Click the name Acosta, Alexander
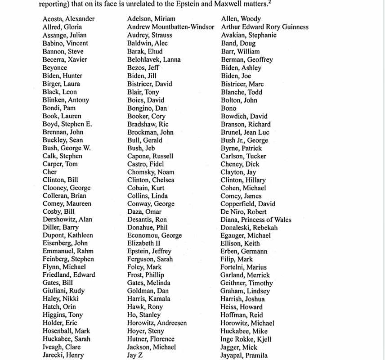(x=68, y=19)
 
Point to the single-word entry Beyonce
(x=54, y=67)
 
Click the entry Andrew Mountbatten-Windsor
(x=170, y=27)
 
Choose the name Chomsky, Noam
(x=151, y=172)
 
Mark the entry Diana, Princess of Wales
(x=255, y=220)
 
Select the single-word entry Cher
(x=49, y=172)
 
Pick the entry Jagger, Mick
(x=238, y=347)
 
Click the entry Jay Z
(x=134, y=355)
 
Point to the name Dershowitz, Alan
(x=67, y=220)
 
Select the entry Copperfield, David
(x=248, y=204)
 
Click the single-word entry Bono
(x=228, y=108)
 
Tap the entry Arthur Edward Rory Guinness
(x=264, y=27)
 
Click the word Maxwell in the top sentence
(x=214, y=4)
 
